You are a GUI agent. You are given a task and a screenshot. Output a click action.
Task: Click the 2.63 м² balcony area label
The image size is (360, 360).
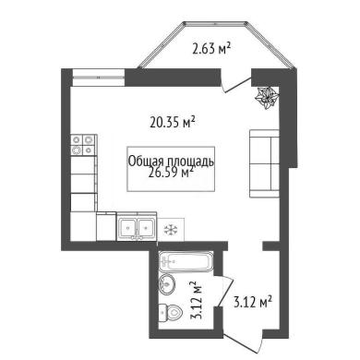click(x=211, y=49)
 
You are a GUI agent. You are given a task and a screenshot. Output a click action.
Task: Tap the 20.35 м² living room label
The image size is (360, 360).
click(x=173, y=123)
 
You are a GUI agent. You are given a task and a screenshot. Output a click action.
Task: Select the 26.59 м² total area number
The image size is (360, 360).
click(x=171, y=173)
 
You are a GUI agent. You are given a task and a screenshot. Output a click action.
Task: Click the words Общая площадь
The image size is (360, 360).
click(x=171, y=162)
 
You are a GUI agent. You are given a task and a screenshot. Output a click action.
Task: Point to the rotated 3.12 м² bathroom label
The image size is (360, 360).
click(x=197, y=300)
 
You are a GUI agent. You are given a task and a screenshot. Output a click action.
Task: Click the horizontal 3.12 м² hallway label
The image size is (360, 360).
click(x=253, y=303)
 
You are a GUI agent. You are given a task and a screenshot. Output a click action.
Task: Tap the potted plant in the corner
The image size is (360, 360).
click(x=267, y=97)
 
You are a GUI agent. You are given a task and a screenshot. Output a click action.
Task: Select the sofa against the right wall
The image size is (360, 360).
click(x=264, y=163)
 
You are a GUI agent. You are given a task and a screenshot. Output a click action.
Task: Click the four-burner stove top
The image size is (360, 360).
click(x=83, y=145)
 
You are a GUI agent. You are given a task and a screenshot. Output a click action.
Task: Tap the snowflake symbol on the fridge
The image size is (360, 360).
click(x=171, y=230)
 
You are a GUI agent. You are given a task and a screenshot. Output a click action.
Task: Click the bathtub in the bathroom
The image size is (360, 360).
click(x=186, y=261)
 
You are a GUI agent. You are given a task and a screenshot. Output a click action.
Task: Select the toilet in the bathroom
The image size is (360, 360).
click(x=170, y=313)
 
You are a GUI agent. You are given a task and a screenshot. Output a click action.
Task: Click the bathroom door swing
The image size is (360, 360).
click(x=224, y=291)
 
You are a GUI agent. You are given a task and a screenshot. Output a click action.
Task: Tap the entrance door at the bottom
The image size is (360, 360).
click(x=243, y=342)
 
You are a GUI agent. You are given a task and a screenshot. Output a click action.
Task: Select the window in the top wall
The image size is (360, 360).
click(x=99, y=78)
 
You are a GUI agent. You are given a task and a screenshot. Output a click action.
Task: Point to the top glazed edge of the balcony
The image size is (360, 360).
click(x=215, y=23)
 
